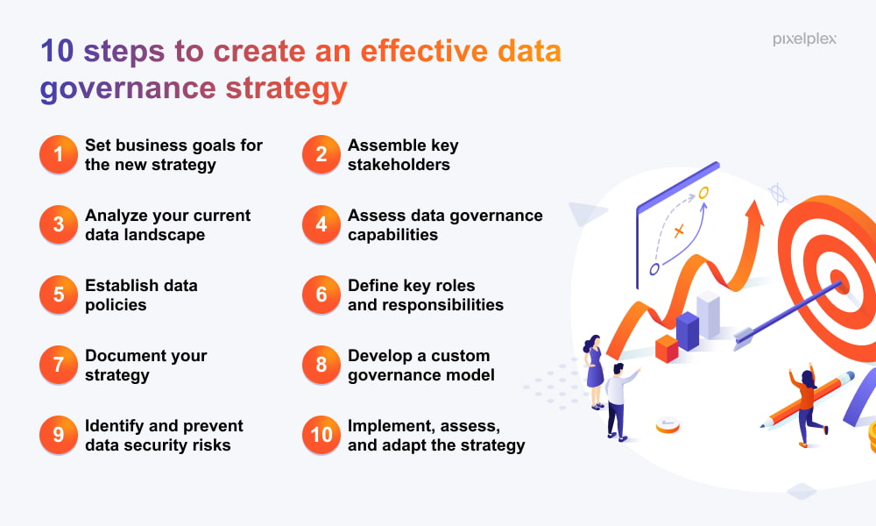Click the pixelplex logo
pos(804,39)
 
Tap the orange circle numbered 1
pos(58,154)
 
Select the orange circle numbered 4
pos(321,224)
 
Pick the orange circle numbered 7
pos(58,365)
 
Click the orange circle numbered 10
pos(321,434)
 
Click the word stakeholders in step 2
pos(399,164)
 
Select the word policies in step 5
pos(116,305)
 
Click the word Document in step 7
pos(125,356)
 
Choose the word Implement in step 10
pos(390,427)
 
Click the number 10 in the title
pos(57,51)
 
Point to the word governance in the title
pos(128,89)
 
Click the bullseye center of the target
pos(839,281)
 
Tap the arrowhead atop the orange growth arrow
pos(755,214)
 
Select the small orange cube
pos(667,348)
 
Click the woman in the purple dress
pos(594,371)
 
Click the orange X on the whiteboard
pos(679,231)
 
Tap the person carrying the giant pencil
pos(807,405)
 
